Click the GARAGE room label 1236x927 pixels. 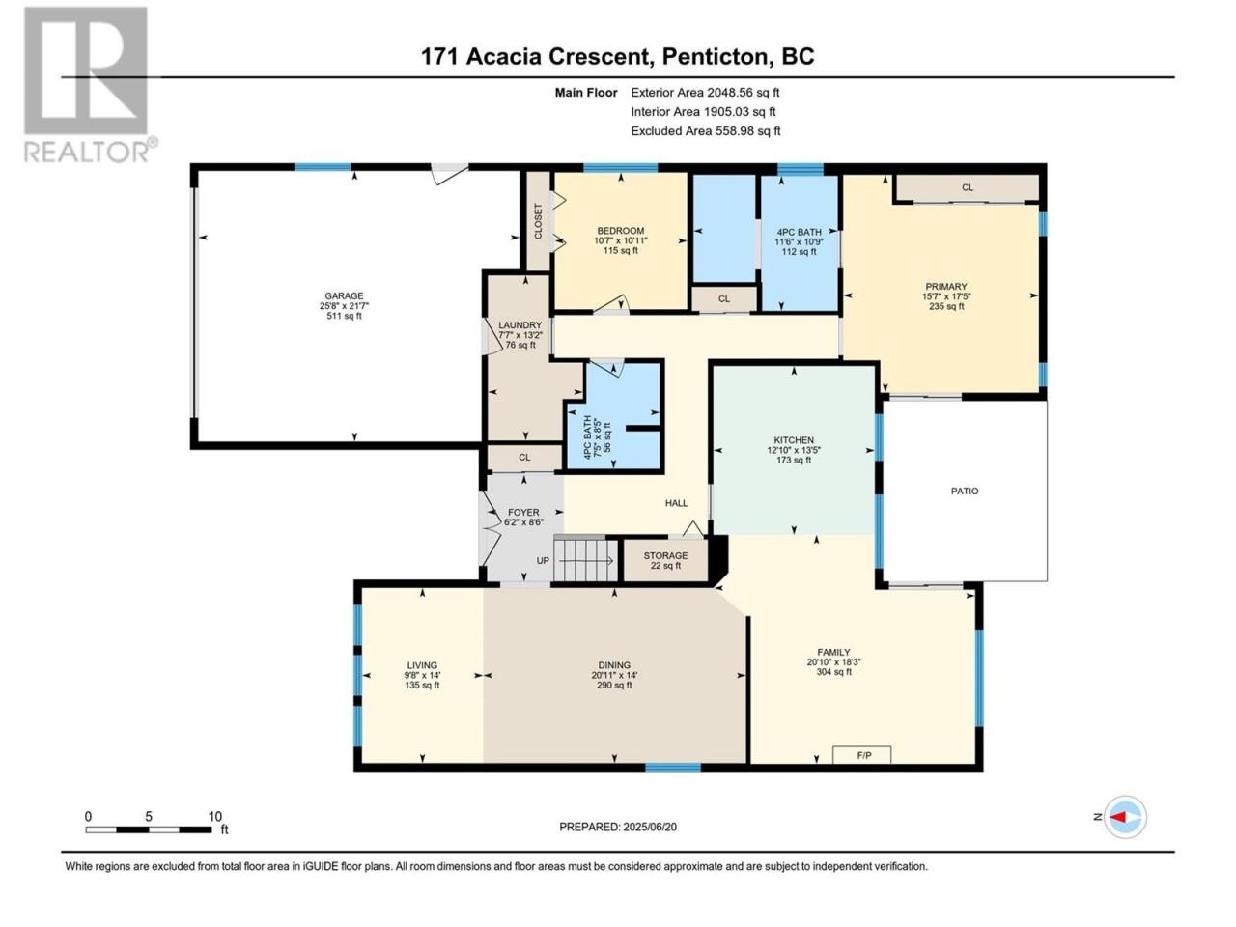tap(344, 295)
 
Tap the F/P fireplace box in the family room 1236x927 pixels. tap(861, 755)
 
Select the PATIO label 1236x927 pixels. tap(965, 491)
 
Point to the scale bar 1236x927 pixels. tap(149, 829)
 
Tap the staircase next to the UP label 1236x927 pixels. tap(585, 560)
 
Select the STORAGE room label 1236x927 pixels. tap(665, 555)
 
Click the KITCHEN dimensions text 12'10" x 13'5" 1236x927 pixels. tap(794, 450)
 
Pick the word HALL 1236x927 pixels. tap(676, 503)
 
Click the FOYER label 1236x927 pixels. tap(523, 512)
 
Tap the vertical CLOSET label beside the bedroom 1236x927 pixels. tap(538, 221)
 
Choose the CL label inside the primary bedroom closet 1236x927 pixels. tap(968, 187)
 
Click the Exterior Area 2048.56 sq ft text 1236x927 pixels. tap(705, 93)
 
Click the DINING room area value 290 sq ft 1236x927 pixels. tap(614, 685)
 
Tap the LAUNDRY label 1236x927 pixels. tap(520, 325)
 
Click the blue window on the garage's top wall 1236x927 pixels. tap(323, 167)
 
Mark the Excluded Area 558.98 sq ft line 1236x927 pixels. tap(706, 131)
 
